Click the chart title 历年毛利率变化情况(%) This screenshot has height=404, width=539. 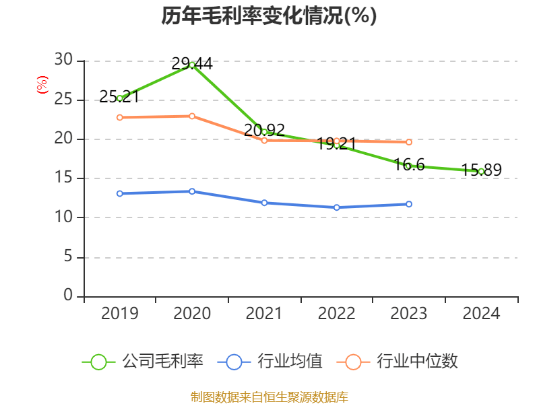269,15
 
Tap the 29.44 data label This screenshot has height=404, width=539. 192,64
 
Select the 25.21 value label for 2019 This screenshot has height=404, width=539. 119,97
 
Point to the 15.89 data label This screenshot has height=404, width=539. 482,170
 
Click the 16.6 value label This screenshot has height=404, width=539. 410,164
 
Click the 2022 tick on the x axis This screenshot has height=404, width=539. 336,314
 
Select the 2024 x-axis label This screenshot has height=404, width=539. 481,314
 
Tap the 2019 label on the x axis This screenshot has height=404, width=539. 119,314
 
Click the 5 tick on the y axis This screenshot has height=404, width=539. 68,257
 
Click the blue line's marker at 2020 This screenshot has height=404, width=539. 192,191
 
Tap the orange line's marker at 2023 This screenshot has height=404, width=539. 409,142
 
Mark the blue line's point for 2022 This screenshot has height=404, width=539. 337,207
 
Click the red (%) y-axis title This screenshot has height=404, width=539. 42,86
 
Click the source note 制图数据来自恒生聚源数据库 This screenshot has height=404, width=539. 269,397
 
